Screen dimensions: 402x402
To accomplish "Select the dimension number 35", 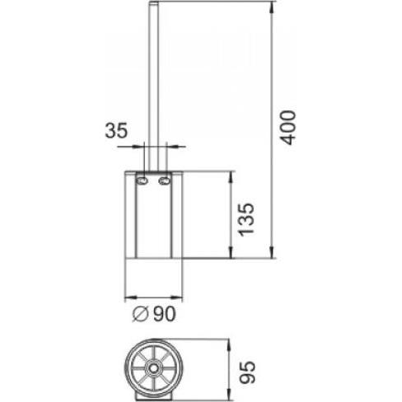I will point(116,129).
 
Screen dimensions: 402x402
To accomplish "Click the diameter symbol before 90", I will point(140,314).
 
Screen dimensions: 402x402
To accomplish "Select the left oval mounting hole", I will point(142,180).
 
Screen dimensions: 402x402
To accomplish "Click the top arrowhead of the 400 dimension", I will point(272,7).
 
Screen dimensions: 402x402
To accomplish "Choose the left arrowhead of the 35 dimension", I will point(139,147).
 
